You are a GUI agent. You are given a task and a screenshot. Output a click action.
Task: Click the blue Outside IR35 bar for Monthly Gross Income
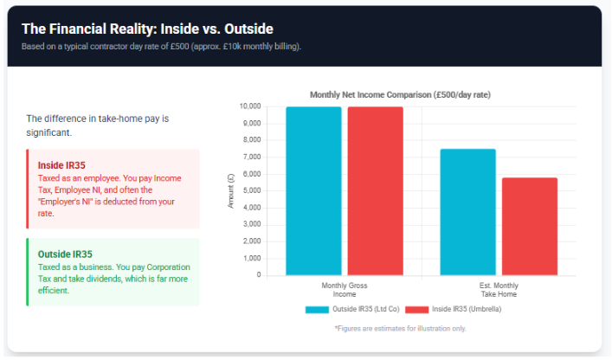pos(313,190)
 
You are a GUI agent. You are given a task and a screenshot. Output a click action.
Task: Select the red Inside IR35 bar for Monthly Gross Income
pos(375,190)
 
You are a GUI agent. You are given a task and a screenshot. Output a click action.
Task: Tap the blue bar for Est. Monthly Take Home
pos(468,212)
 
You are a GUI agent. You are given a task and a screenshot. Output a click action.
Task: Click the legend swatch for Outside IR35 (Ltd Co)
pos(317,309)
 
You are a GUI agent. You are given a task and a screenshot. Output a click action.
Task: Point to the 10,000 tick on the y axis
pos(249,106)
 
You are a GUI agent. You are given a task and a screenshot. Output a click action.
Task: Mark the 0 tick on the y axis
pos(258,275)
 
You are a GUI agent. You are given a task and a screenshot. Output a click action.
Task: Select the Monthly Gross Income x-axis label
pos(345,289)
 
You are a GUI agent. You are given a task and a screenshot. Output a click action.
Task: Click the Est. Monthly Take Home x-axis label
pos(499,289)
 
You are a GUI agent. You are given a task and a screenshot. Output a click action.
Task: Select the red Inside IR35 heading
pos(61,164)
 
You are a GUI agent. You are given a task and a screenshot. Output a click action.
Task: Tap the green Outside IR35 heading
pos(65,254)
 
